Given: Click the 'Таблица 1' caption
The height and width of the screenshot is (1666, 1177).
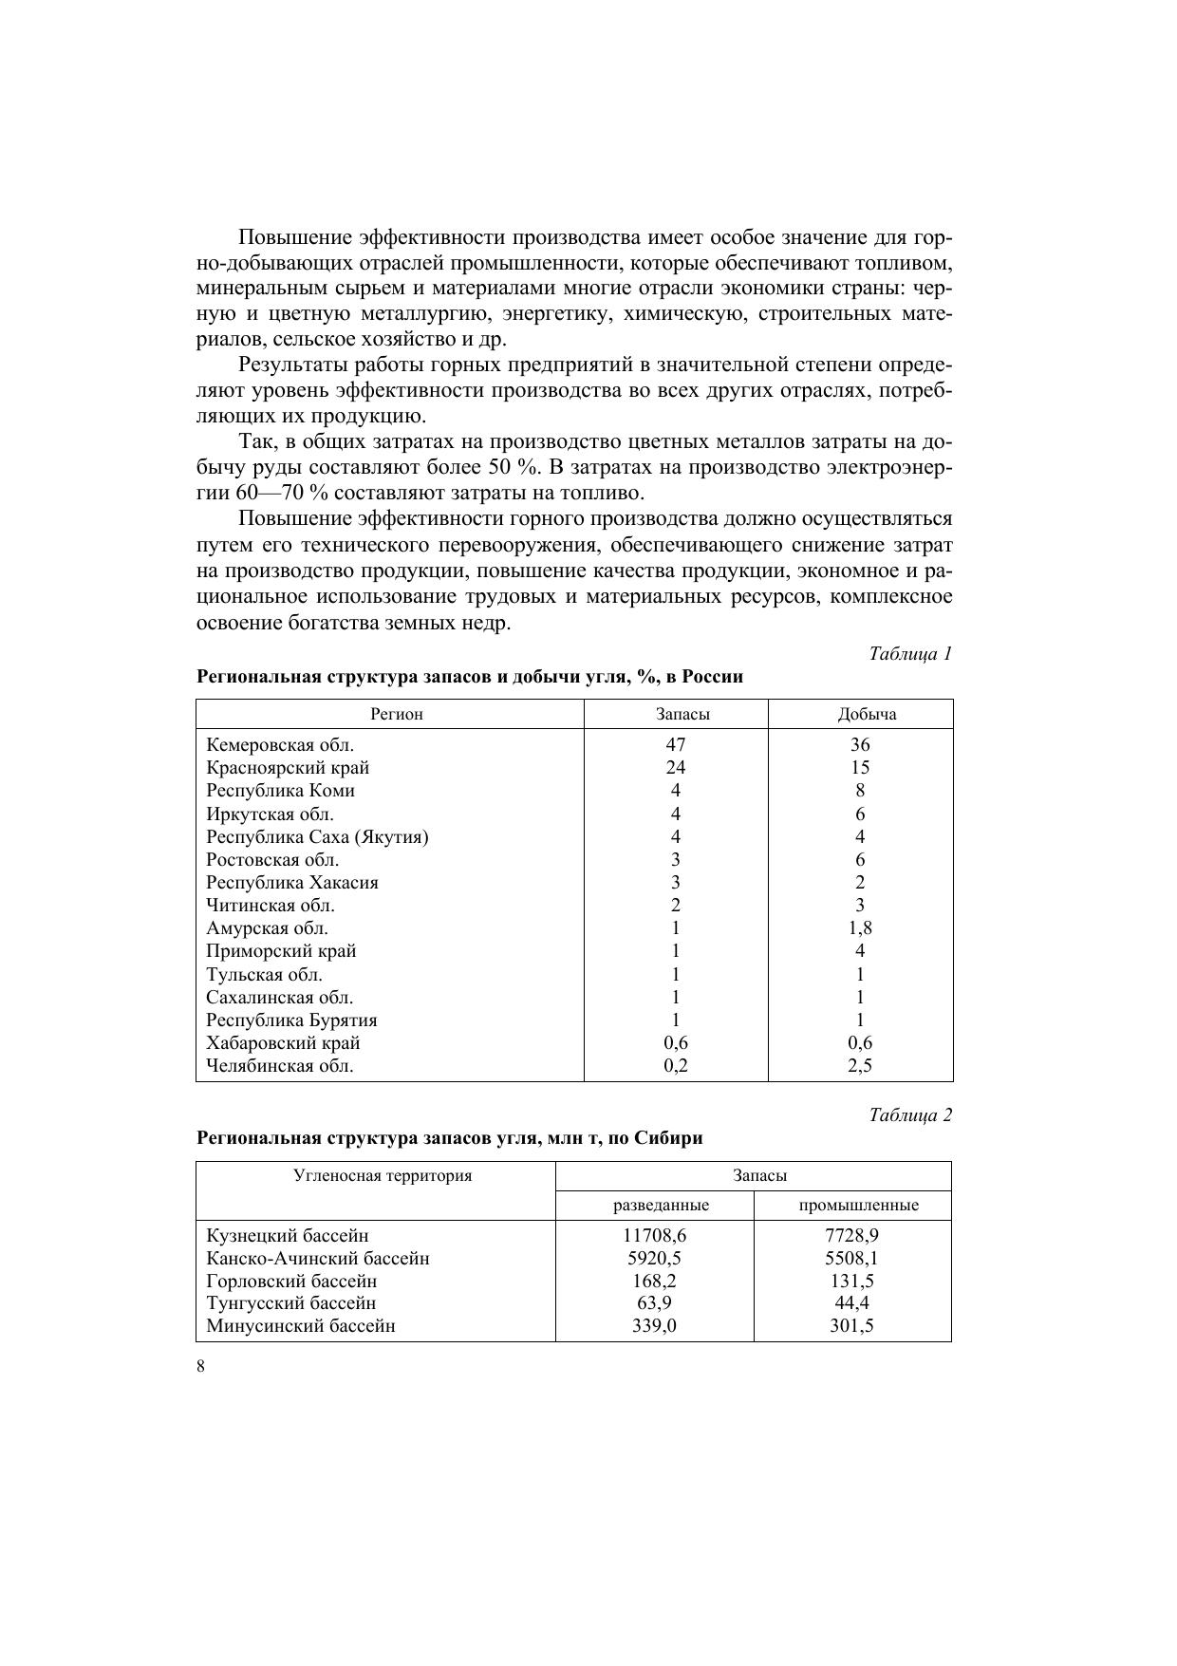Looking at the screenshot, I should [x=909, y=654].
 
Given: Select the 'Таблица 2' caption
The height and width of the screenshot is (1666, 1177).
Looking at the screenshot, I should [x=909, y=1115].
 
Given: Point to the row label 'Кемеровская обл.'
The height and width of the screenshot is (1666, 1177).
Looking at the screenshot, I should [x=280, y=745].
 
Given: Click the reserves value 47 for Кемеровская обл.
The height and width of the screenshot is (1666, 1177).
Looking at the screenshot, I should [x=676, y=745].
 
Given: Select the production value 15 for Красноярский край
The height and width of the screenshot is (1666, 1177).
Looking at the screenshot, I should [x=860, y=768].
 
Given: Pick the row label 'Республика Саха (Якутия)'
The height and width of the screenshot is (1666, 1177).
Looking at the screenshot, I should [x=317, y=837].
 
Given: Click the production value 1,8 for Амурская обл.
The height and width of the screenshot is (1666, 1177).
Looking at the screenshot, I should [x=860, y=928].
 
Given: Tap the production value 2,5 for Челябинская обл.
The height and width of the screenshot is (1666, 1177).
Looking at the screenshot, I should [x=860, y=1066].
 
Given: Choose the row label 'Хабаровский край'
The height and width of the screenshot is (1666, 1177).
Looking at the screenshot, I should [x=283, y=1043].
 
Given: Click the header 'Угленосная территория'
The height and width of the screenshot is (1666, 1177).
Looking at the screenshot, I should [x=383, y=1176].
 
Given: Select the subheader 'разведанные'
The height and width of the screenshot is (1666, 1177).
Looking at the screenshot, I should [x=662, y=1206].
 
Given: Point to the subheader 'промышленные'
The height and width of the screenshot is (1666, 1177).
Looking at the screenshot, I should [x=858, y=1206].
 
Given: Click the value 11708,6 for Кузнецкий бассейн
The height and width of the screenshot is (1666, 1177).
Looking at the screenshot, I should [x=654, y=1236].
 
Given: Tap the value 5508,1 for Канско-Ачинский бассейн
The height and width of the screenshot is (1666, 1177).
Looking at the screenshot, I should [x=851, y=1259].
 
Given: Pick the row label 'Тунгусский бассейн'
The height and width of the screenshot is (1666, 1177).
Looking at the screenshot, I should [x=290, y=1304].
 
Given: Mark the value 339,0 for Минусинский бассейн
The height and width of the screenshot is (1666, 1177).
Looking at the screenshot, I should [x=654, y=1327].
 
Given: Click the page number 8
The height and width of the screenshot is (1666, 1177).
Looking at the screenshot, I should [x=200, y=1367].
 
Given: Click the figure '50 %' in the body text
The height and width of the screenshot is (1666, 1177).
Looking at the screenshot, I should [x=517, y=468].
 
